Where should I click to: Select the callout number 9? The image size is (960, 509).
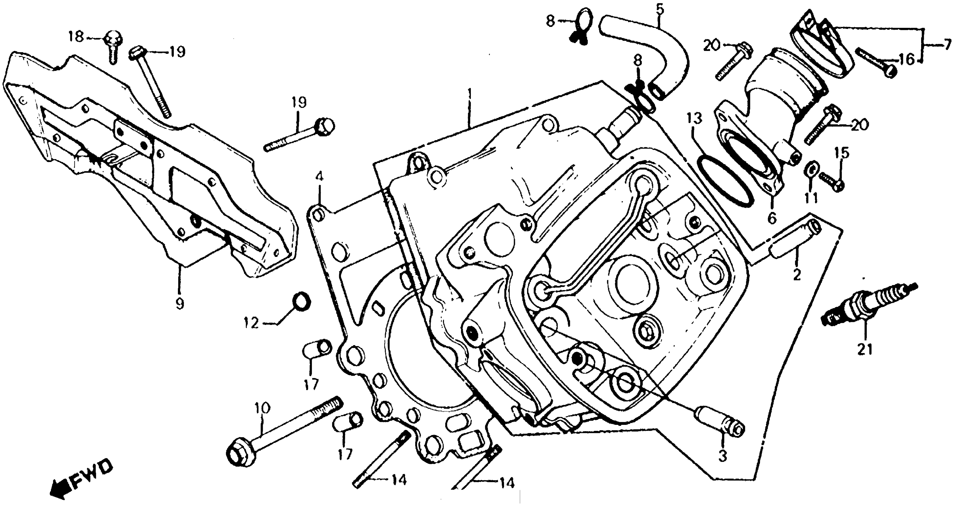coord(180,303)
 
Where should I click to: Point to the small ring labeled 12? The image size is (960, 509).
coord(302,302)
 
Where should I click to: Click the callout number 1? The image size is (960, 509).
coord(470,94)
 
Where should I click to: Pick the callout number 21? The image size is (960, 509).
coord(865,350)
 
